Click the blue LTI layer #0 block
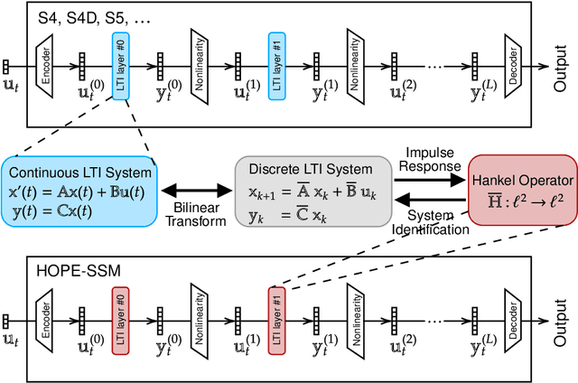click(119, 61)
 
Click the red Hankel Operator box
click(520, 190)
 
